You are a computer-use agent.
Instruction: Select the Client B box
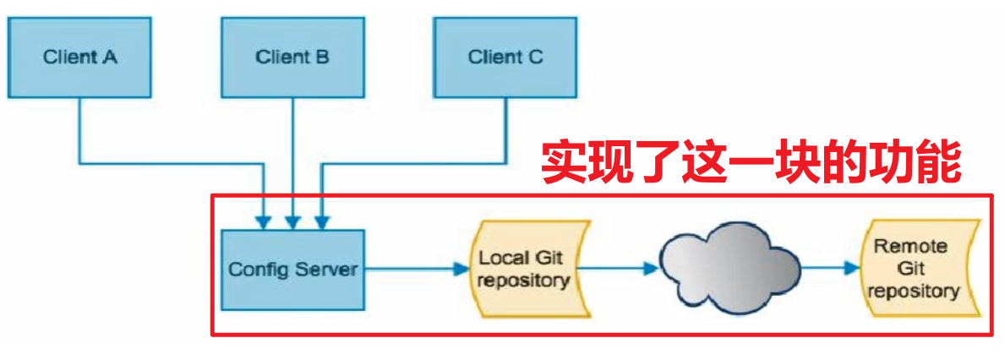point(292,57)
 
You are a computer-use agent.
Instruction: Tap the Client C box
point(505,57)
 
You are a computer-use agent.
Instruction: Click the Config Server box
point(292,270)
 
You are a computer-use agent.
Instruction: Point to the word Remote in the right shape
point(910,247)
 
